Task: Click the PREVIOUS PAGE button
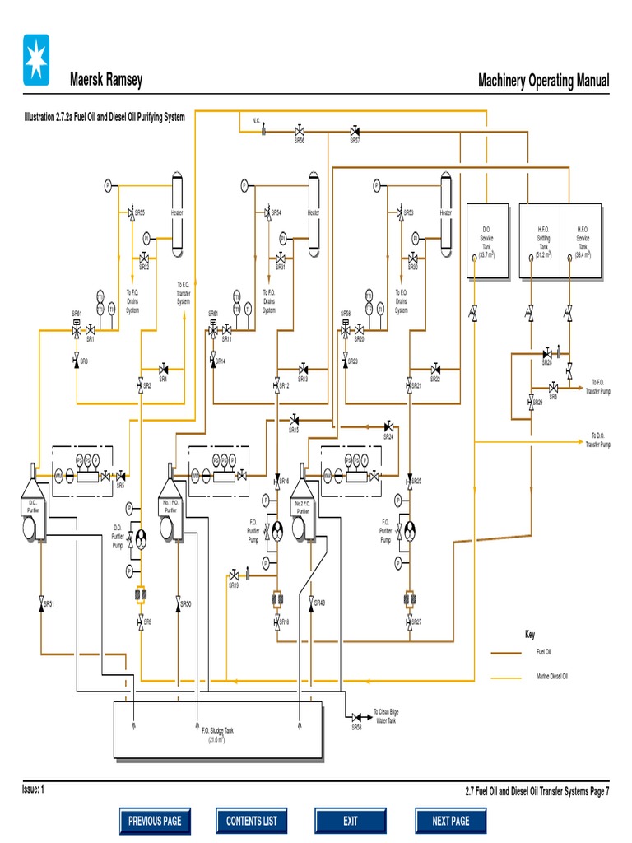(x=155, y=820)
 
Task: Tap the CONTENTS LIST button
(x=252, y=820)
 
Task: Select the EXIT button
(x=351, y=820)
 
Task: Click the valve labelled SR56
(x=300, y=131)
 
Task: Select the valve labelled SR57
(x=355, y=131)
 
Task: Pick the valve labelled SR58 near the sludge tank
(x=356, y=717)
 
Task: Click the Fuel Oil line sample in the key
(x=509, y=652)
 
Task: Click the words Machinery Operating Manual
(x=543, y=81)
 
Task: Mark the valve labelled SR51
(x=41, y=605)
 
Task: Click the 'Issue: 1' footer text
(x=33, y=789)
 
